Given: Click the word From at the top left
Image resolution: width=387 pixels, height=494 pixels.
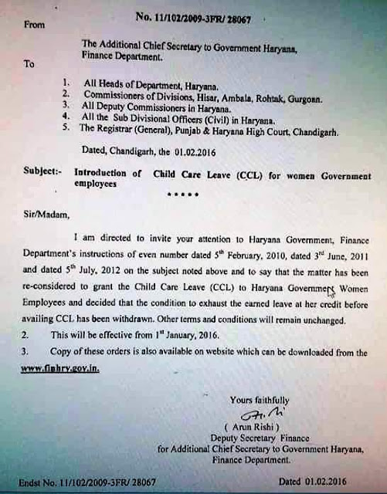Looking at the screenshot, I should tap(36, 25).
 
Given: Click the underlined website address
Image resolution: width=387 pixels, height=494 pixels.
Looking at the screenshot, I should tap(61, 369).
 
